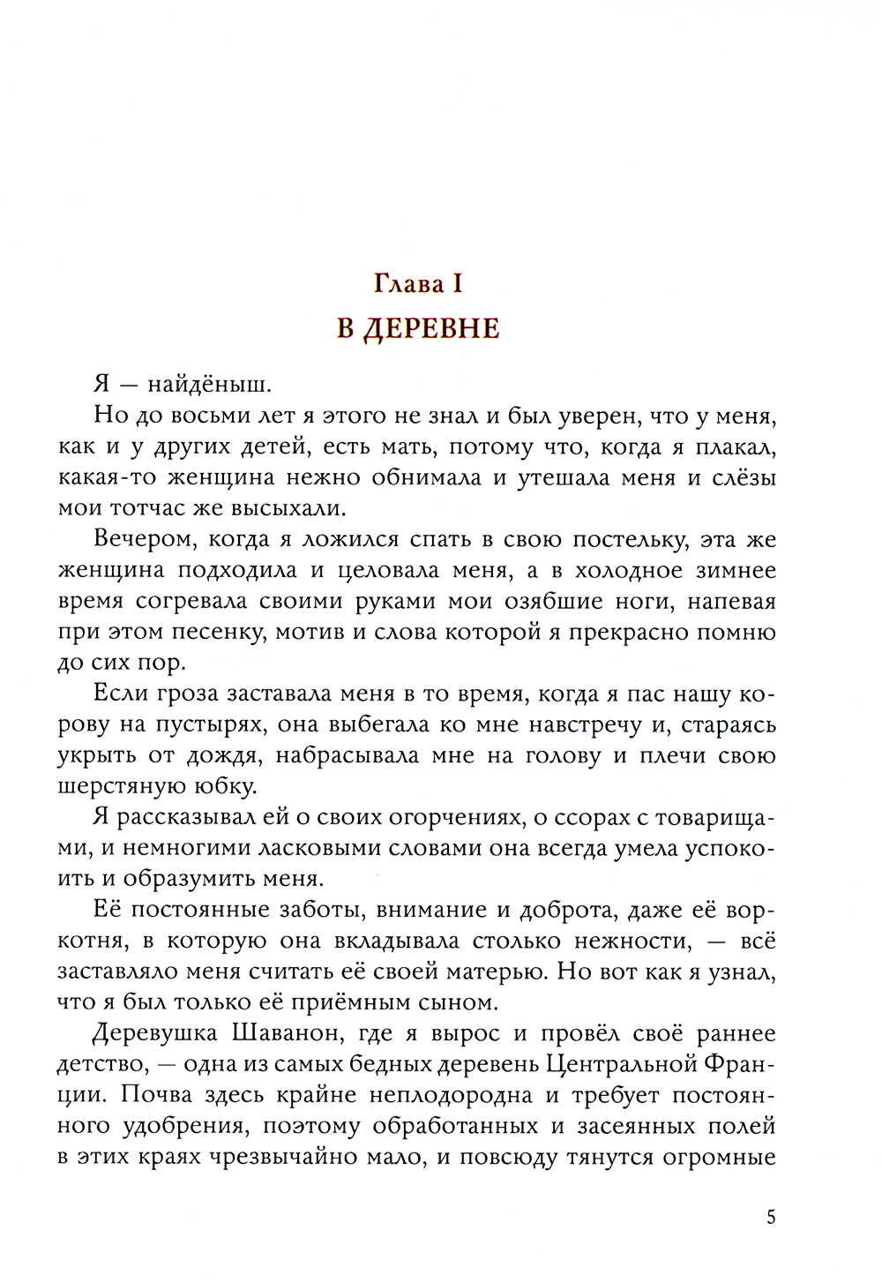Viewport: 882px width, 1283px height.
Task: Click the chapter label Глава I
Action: click(417, 284)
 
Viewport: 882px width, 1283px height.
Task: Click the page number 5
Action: click(771, 1219)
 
